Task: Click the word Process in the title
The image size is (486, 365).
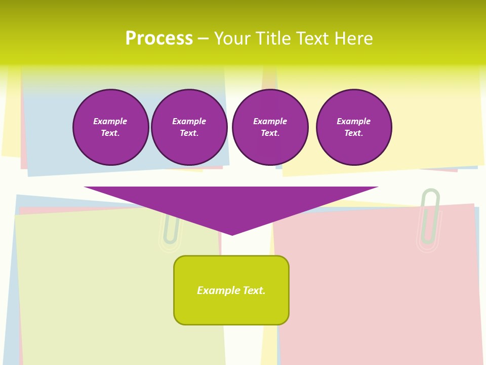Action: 159,39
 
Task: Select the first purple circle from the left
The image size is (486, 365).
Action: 111,127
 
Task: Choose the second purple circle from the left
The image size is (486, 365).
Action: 189,127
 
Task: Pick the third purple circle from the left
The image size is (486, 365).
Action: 270,127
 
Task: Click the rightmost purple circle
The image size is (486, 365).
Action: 354,127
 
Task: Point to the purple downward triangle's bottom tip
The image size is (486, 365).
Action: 232,233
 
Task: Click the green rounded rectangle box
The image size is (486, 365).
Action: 231,304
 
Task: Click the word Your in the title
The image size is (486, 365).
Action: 232,39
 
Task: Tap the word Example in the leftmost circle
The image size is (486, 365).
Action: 110,121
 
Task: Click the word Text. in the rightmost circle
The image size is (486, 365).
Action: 354,133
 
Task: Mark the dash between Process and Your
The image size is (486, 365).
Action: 203,39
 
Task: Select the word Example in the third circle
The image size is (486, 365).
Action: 270,121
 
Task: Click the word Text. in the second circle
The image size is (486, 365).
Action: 189,133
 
